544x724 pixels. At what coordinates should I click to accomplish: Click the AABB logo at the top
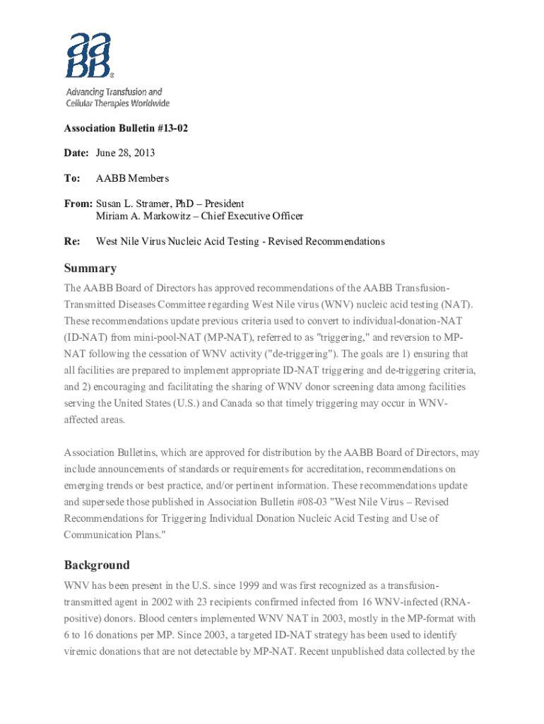tap(89, 54)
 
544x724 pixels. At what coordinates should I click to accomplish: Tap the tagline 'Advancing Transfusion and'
tap(114, 92)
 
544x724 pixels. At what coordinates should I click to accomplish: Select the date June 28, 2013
tap(125, 153)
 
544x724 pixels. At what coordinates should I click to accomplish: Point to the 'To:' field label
tap(72, 178)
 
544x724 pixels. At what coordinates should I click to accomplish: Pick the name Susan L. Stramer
tap(138, 204)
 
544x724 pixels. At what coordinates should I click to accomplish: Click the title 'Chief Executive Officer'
tap(253, 216)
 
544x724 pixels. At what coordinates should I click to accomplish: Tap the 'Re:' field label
tap(71, 241)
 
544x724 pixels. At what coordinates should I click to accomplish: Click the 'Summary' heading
tap(90, 269)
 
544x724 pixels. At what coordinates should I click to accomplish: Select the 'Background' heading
tap(97, 565)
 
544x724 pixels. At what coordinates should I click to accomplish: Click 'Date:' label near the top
tap(77, 153)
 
